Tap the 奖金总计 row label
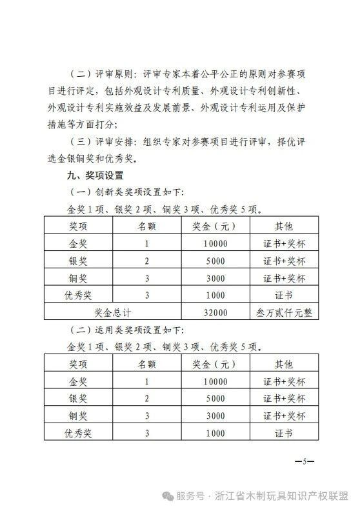click(113, 313)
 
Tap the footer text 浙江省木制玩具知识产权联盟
click(288, 495)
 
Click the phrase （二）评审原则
click(102, 74)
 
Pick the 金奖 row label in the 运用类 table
click(82, 382)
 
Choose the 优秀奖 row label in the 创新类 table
click(82, 295)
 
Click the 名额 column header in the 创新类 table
click(147, 226)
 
